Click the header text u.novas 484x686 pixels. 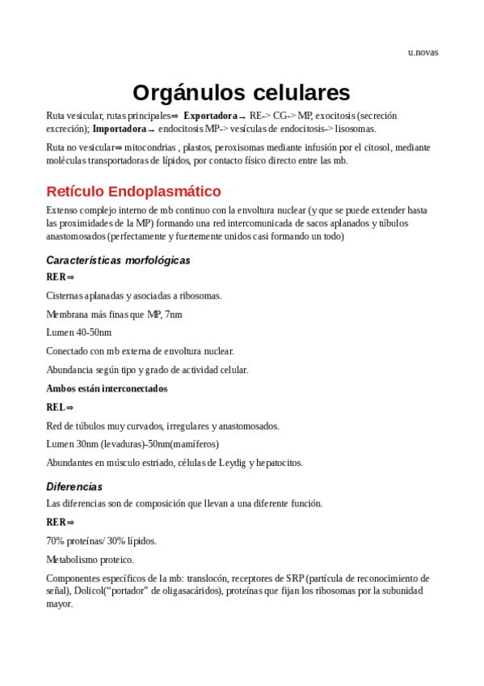pos(423,53)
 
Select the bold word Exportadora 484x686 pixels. pos(210,116)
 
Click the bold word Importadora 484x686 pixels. pos(120,129)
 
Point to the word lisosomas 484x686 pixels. pos(355,129)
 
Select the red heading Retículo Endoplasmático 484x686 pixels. pos(133,192)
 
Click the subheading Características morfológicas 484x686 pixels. pos(118,260)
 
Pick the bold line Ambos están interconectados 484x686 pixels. pos(107,388)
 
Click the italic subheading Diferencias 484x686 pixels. pos(74,487)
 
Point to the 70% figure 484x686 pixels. pos(56,540)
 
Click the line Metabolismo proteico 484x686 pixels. pos(90,559)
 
